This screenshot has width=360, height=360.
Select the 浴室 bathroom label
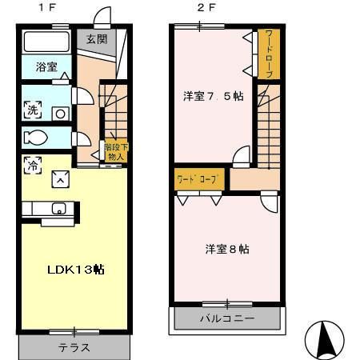(x=46, y=68)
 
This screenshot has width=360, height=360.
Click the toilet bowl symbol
(x=37, y=138)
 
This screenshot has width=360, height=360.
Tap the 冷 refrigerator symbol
(x=34, y=166)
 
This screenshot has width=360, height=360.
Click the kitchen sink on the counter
(x=58, y=209)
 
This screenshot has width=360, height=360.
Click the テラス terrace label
(x=74, y=348)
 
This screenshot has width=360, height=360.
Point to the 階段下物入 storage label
(x=114, y=152)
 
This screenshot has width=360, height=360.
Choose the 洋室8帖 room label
(x=226, y=249)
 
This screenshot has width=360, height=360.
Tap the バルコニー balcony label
(x=226, y=318)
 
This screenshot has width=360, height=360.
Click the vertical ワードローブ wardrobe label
(x=269, y=54)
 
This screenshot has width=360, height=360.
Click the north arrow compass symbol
(x=324, y=339)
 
